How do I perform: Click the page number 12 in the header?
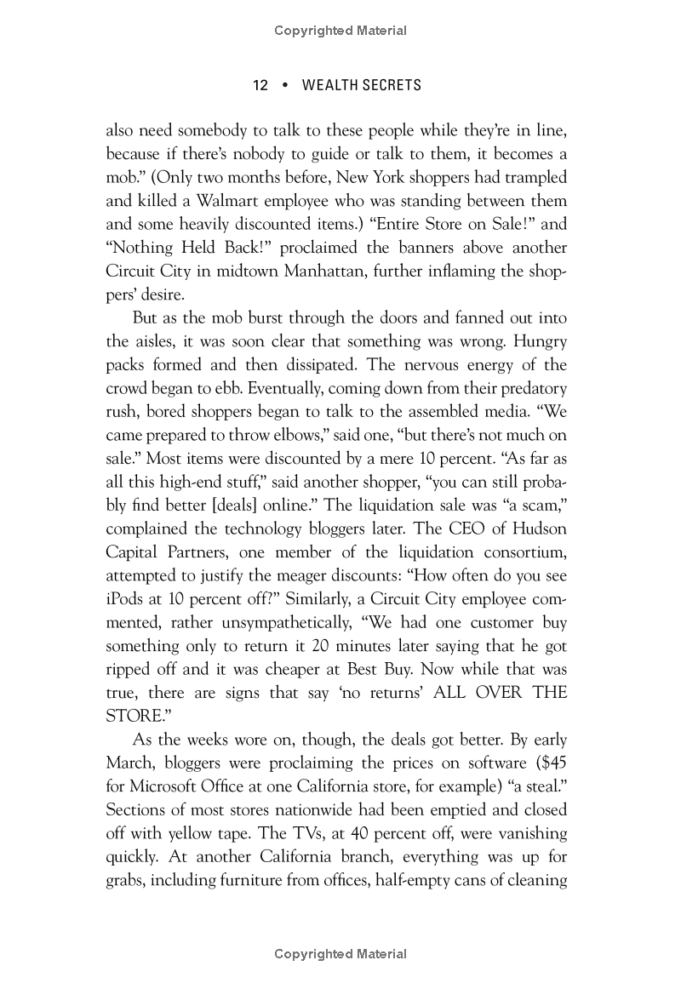260,86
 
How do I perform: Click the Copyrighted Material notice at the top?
340,31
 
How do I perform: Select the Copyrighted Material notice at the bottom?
340,955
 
